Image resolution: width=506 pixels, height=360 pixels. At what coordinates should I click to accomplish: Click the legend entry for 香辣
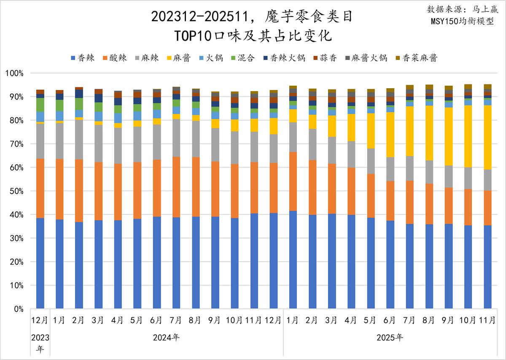(83, 58)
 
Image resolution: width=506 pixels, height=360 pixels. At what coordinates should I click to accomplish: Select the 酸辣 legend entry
(115, 58)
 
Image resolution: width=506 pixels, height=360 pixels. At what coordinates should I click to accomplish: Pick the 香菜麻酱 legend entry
(416, 58)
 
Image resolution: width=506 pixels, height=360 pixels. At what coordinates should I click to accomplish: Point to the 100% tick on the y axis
(15, 73)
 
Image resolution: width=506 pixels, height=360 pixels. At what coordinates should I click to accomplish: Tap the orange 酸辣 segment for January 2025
(293, 181)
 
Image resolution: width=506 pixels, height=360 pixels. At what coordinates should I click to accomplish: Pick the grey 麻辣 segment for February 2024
(79, 140)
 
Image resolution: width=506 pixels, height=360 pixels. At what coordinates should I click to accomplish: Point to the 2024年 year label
(166, 338)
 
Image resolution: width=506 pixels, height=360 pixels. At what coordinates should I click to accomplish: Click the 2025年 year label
(390, 338)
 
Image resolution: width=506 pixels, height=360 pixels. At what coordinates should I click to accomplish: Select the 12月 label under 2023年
(40, 320)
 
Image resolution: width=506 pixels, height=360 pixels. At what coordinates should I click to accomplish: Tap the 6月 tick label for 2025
(390, 320)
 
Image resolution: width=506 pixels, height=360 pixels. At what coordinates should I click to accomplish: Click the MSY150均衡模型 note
(462, 21)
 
